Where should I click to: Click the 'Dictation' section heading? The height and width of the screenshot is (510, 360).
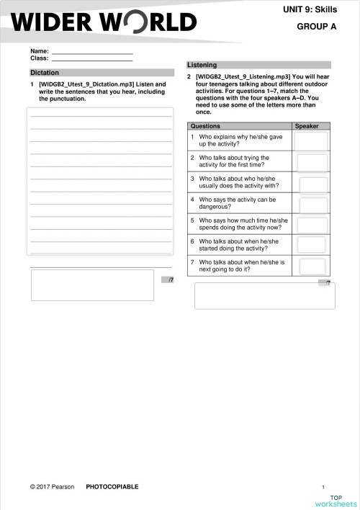pyautogui.click(x=45, y=73)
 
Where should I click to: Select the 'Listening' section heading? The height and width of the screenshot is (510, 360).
pyautogui.click(x=202, y=65)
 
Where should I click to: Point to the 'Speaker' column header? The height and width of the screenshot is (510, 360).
pyautogui.click(x=307, y=126)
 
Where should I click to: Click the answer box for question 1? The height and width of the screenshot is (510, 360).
pyautogui.click(x=310, y=140)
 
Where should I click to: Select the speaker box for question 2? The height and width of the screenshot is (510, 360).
pyautogui.click(x=311, y=161)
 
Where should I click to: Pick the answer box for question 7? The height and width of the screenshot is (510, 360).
pyautogui.click(x=312, y=266)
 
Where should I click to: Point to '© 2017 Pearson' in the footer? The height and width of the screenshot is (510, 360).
pyautogui.click(x=52, y=487)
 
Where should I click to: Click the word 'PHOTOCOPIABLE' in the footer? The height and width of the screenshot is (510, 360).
pyautogui.click(x=112, y=487)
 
